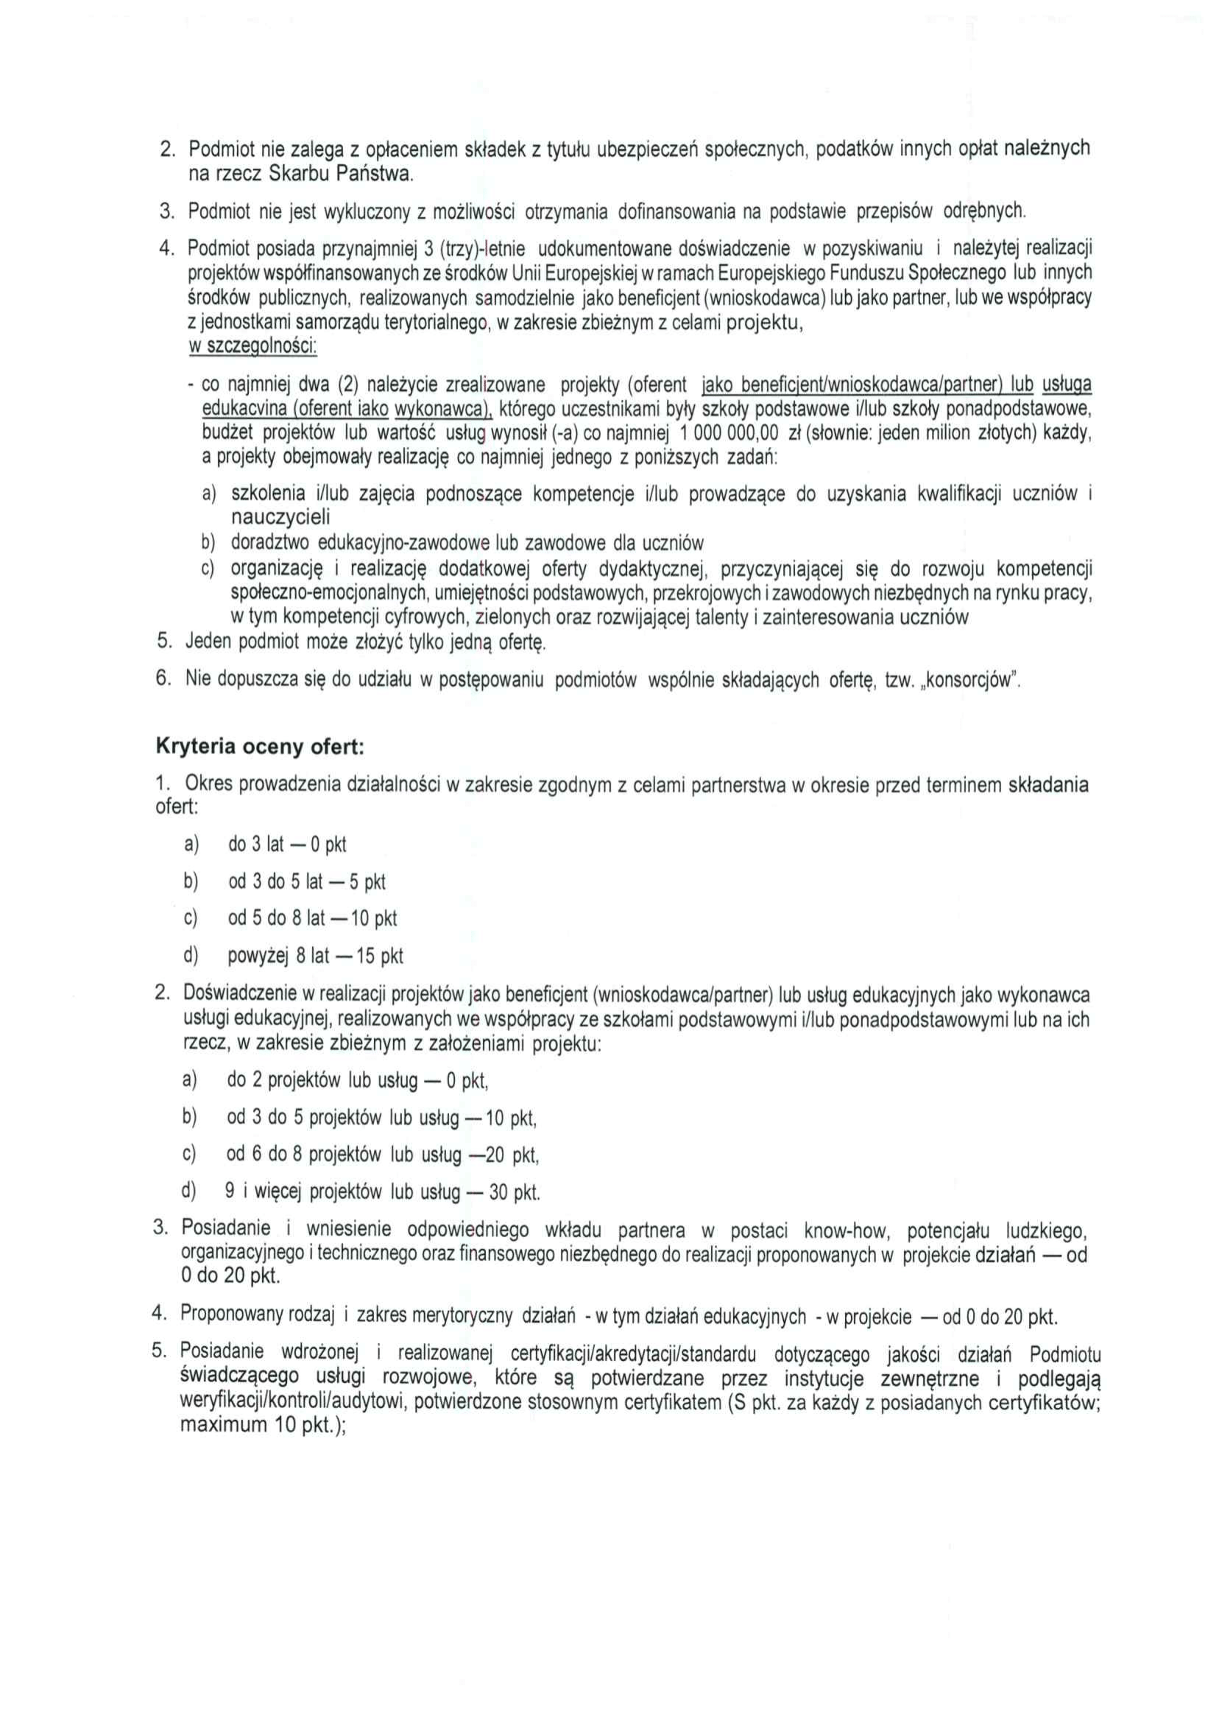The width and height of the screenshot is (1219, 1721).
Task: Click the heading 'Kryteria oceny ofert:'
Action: (x=260, y=747)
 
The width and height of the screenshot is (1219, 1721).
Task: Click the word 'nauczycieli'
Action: (x=280, y=518)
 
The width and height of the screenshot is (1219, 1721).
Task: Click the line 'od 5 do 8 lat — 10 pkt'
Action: (x=312, y=918)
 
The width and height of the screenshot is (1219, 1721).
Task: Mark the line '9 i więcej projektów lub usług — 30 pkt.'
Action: (x=382, y=1192)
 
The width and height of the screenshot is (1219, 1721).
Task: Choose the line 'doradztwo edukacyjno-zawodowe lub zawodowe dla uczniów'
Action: (x=467, y=542)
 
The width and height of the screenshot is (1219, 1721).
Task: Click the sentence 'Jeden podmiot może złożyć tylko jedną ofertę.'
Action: (x=365, y=642)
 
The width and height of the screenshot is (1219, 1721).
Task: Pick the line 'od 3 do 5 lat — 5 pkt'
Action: (x=307, y=881)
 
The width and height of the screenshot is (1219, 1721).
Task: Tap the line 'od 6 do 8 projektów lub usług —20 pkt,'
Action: (x=383, y=1154)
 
